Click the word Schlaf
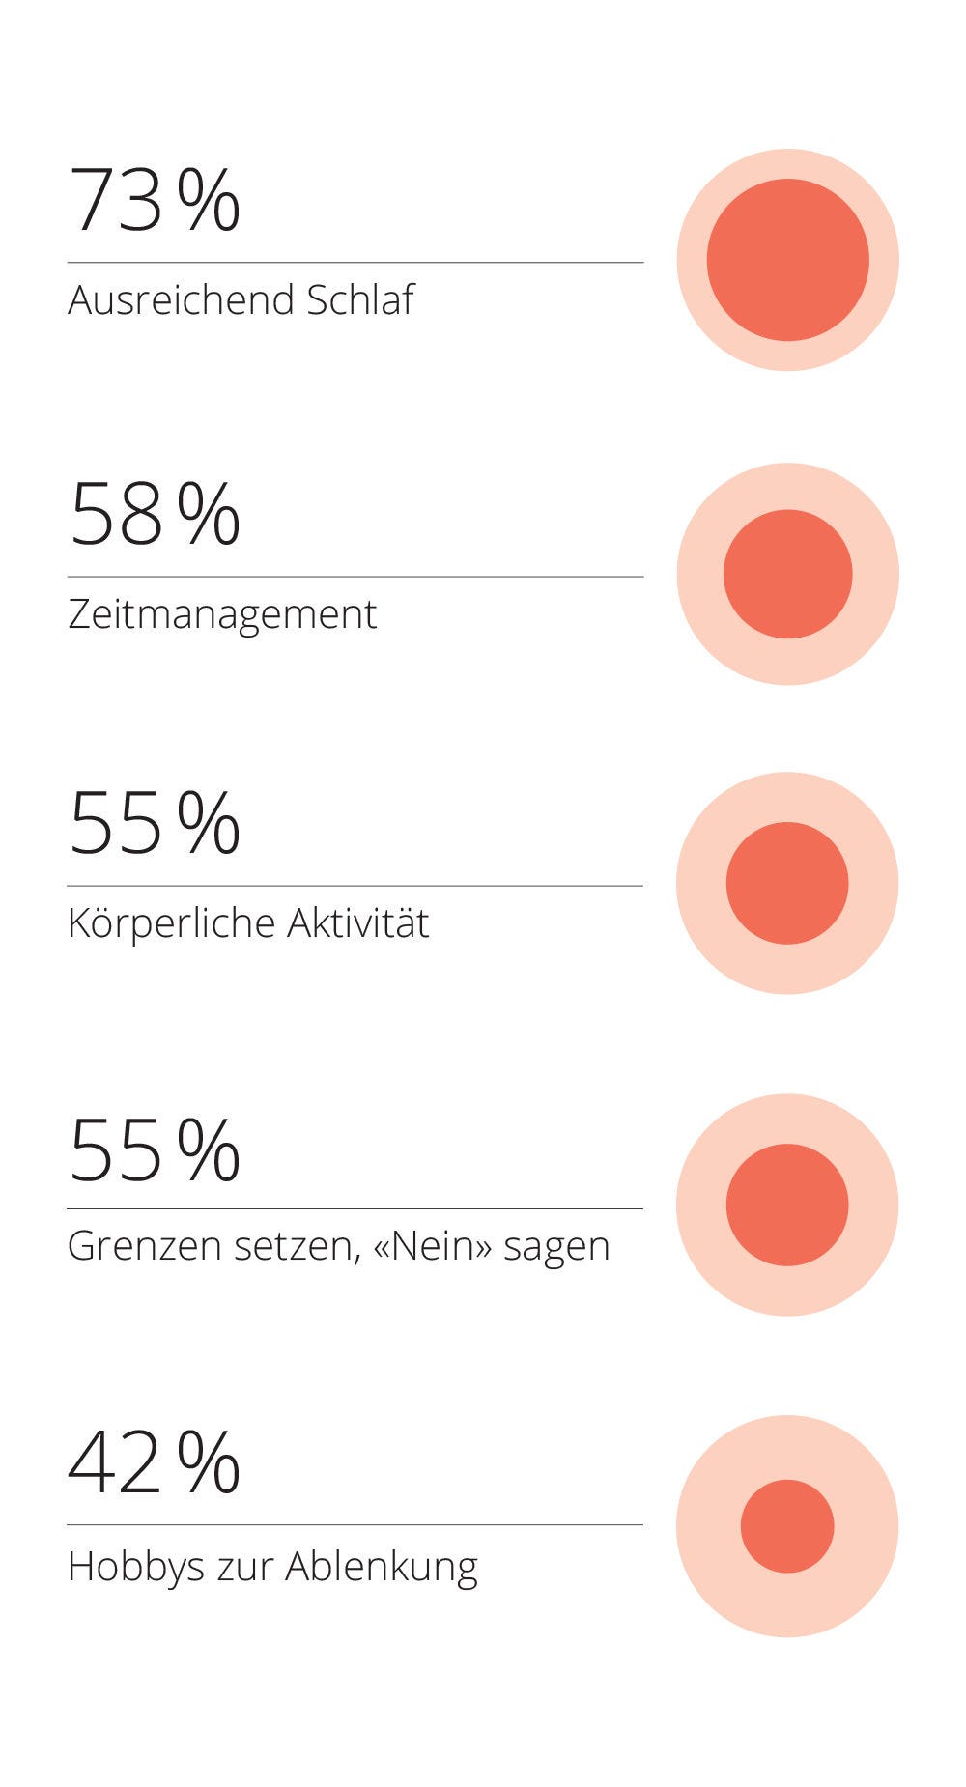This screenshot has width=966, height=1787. (360, 299)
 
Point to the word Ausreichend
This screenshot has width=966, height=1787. (181, 299)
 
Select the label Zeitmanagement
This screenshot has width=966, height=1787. (222, 614)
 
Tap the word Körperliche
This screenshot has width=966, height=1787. (171, 922)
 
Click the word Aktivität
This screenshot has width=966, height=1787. (357, 922)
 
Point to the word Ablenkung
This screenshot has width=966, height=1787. (382, 1567)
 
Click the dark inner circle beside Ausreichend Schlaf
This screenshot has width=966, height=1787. (787, 260)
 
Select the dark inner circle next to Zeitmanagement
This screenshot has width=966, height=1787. (787, 574)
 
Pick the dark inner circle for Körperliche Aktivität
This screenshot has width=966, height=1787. (787, 883)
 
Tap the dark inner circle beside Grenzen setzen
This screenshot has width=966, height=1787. (787, 1205)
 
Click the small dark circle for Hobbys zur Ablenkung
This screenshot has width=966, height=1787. (787, 1526)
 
